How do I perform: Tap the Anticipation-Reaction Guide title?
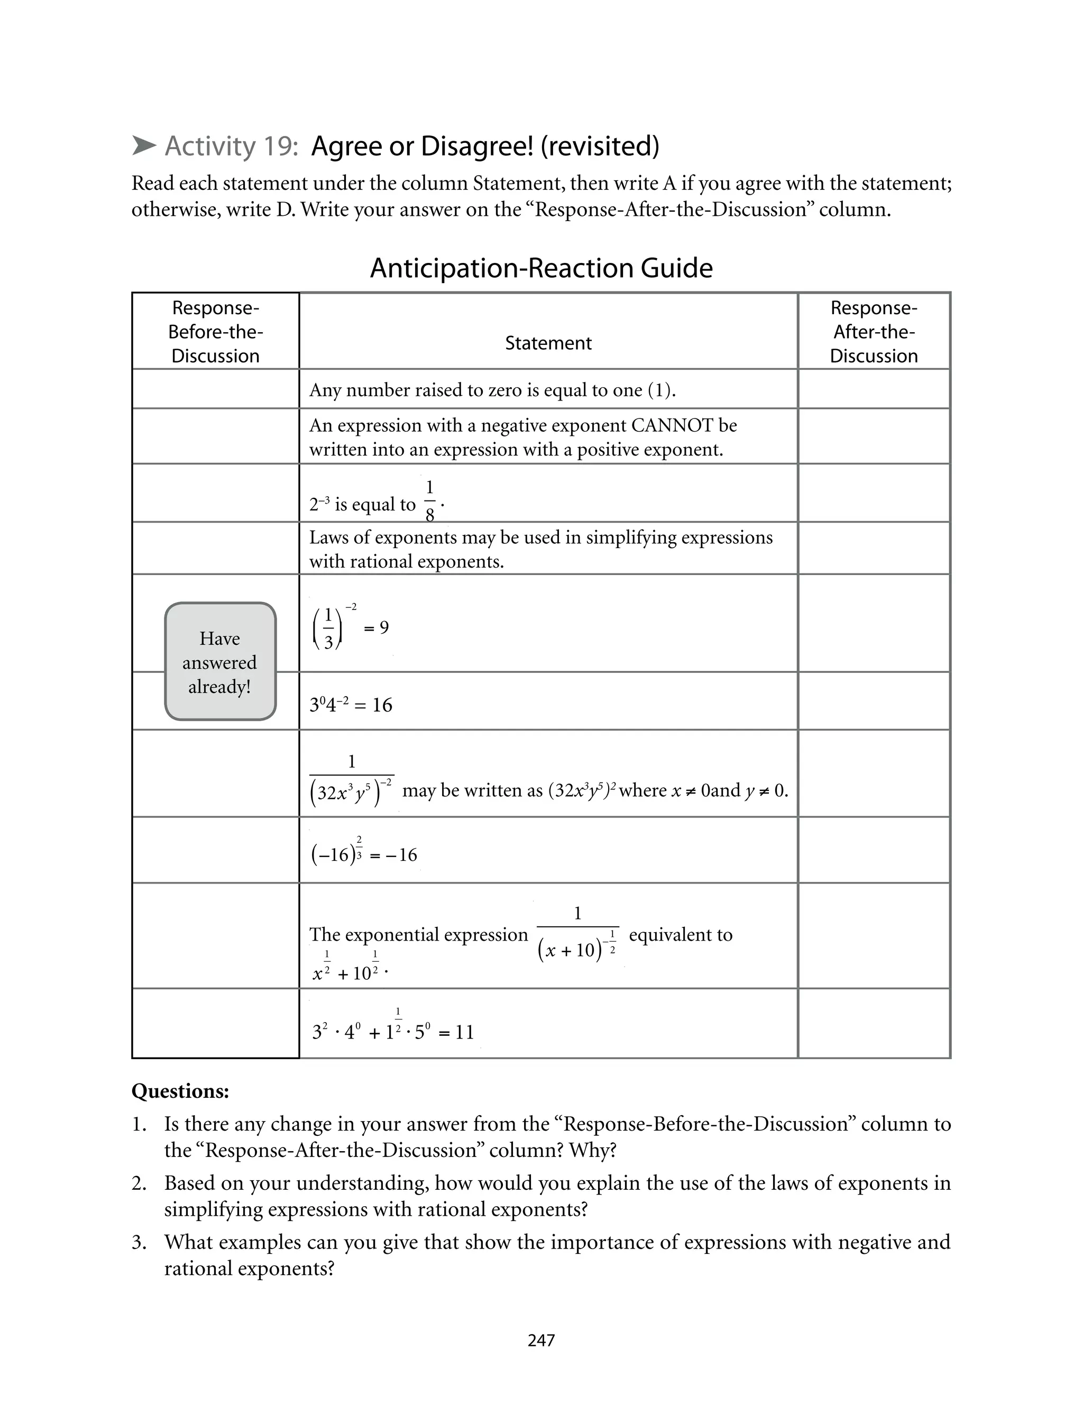click(x=541, y=268)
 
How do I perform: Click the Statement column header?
click(x=548, y=343)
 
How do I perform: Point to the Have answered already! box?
click(x=220, y=661)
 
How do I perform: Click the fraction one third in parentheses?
click(x=328, y=628)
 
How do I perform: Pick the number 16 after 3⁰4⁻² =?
click(x=382, y=705)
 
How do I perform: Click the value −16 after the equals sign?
click(x=401, y=855)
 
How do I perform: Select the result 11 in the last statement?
click(x=464, y=1032)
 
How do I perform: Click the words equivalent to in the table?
click(x=680, y=934)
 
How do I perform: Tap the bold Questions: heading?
click(x=180, y=1091)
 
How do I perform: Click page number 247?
click(x=541, y=1340)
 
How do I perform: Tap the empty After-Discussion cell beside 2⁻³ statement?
click(x=874, y=493)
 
